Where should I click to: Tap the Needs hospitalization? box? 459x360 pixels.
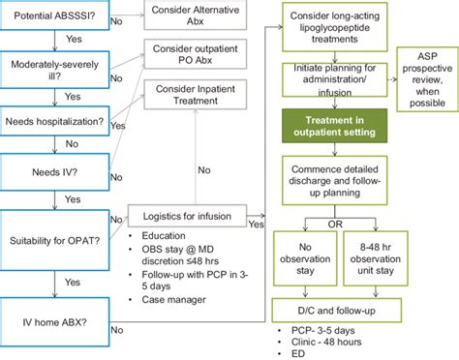point(54,122)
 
